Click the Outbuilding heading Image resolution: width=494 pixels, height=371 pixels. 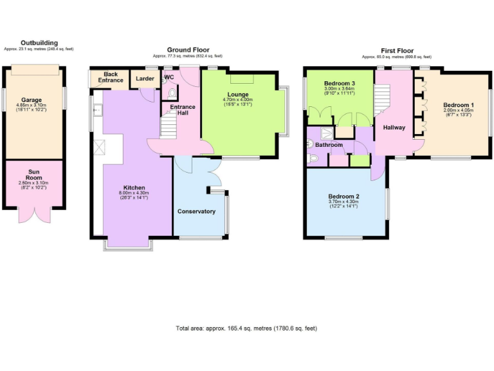[35, 43]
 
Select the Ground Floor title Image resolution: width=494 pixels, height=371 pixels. [188, 50]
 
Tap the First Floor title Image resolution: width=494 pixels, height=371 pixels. [396, 50]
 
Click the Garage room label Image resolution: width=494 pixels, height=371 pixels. [32, 100]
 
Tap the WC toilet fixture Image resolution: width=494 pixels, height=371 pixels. [171, 92]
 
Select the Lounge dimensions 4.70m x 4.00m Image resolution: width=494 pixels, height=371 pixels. [238, 100]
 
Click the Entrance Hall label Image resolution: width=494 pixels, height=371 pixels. [183, 110]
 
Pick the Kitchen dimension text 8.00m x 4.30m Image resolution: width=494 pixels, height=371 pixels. [134, 193]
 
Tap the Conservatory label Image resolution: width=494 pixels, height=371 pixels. [197, 211]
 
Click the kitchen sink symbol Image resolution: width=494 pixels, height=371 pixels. [96, 111]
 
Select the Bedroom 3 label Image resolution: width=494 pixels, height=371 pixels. [340, 84]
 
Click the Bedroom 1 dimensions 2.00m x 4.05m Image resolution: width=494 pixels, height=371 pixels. [458, 110]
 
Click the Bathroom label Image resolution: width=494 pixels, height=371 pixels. [329, 145]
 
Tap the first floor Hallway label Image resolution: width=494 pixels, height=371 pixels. [394, 128]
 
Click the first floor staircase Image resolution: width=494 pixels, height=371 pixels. [382, 102]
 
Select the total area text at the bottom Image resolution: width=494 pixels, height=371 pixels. [246, 328]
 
